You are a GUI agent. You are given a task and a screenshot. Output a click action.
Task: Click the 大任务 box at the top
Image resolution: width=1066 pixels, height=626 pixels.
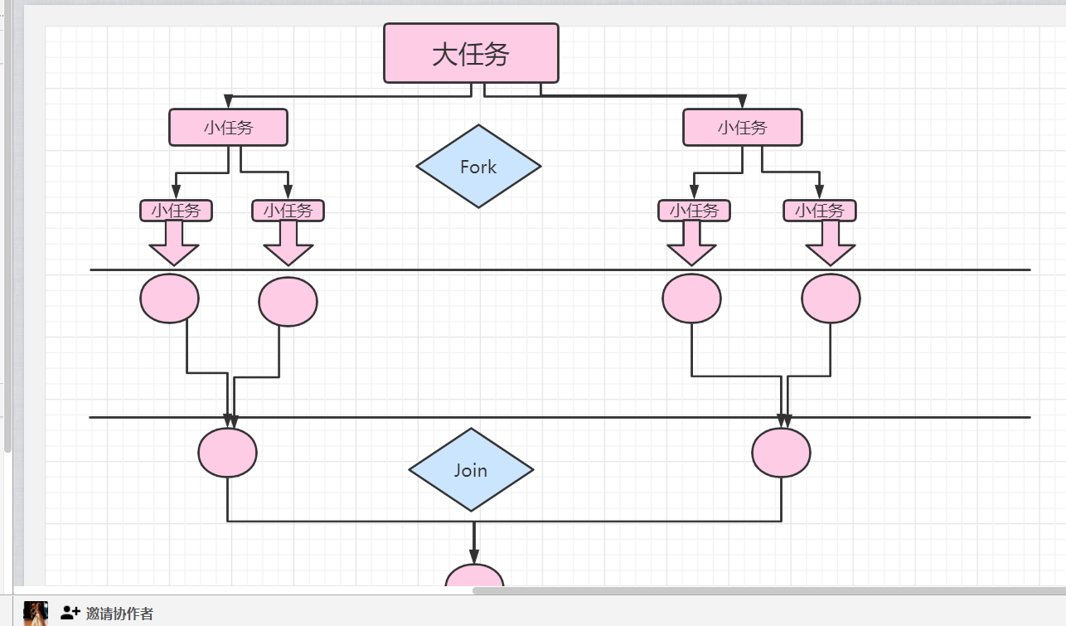point(471,54)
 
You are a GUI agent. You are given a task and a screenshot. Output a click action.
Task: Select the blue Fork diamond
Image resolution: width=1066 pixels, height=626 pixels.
point(478,167)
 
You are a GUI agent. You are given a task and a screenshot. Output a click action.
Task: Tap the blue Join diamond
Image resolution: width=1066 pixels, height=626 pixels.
point(471,470)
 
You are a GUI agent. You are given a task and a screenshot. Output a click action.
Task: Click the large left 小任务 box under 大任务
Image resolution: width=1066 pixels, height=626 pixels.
point(228,128)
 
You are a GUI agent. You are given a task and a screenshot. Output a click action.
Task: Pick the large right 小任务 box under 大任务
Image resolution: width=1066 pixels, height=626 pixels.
point(742,128)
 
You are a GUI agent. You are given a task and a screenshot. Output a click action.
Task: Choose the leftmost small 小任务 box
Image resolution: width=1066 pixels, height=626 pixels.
point(176,211)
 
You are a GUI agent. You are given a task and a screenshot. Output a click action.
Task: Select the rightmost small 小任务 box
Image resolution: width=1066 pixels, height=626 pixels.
point(819,211)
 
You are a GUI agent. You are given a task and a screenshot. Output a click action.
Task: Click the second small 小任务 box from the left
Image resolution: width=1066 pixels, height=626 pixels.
point(288,211)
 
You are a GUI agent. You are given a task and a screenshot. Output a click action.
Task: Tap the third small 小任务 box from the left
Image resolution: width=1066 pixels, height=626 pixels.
point(694,211)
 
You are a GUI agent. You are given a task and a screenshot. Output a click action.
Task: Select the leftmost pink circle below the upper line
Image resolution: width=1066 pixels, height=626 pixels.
point(169,298)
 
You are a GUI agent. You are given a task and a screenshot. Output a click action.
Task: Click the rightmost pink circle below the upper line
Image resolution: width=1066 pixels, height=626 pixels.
point(831,298)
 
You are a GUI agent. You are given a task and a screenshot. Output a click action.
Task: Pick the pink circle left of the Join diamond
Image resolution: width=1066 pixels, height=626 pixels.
point(227,453)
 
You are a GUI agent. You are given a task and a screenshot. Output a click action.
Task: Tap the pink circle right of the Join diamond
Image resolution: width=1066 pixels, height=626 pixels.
point(781,453)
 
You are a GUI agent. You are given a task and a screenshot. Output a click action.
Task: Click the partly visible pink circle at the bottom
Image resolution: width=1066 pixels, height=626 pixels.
point(474,576)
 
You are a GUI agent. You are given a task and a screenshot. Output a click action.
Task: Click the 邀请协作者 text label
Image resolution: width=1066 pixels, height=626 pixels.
point(119,614)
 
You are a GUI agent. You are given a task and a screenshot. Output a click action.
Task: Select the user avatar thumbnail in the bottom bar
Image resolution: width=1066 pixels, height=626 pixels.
point(36,614)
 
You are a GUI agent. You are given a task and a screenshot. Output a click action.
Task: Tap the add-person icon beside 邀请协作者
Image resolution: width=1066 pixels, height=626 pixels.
point(70,614)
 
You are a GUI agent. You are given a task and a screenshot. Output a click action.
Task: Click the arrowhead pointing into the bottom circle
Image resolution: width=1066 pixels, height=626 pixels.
point(474,556)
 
